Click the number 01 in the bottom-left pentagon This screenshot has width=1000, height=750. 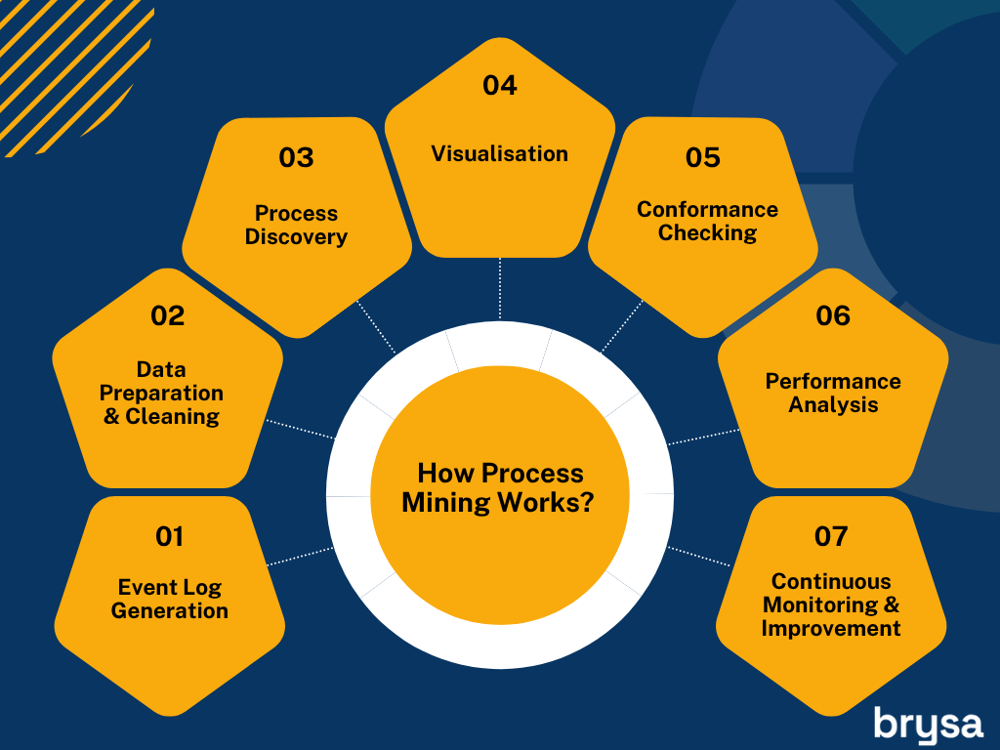[170, 536]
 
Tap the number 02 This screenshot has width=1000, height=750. [168, 315]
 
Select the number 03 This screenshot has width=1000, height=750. [297, 157]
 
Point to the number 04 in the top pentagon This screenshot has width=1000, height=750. [500, 86]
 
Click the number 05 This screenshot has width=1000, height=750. [703, 157]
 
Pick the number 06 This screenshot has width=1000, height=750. [833, 315]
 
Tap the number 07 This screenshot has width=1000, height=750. [831, 536]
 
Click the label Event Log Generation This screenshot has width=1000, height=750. [170, 599]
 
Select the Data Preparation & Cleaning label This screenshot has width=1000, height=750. [161, 393]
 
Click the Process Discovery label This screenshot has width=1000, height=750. [297, 226]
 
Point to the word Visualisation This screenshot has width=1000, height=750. [500, 153]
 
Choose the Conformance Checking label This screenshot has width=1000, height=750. [707, 222]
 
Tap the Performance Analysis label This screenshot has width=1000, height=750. [833, 393]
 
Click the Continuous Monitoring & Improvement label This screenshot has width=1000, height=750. [831, 604]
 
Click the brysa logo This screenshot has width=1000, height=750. [928, 726]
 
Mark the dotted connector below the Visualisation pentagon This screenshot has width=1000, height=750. [500, 288]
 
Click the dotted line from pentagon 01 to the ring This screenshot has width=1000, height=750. [300, 556]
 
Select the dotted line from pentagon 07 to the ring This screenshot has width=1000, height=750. [698, 556]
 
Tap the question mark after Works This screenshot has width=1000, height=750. [587, 503]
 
